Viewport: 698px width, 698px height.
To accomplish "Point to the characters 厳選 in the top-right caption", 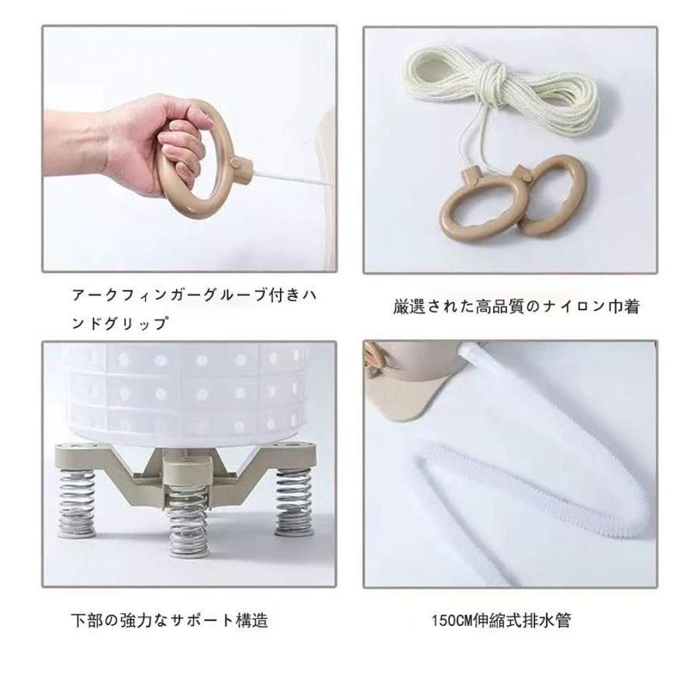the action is point(409,306).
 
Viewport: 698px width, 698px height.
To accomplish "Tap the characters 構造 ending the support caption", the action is point(252,620).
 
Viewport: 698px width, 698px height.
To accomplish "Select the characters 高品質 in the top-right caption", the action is point(500,306).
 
